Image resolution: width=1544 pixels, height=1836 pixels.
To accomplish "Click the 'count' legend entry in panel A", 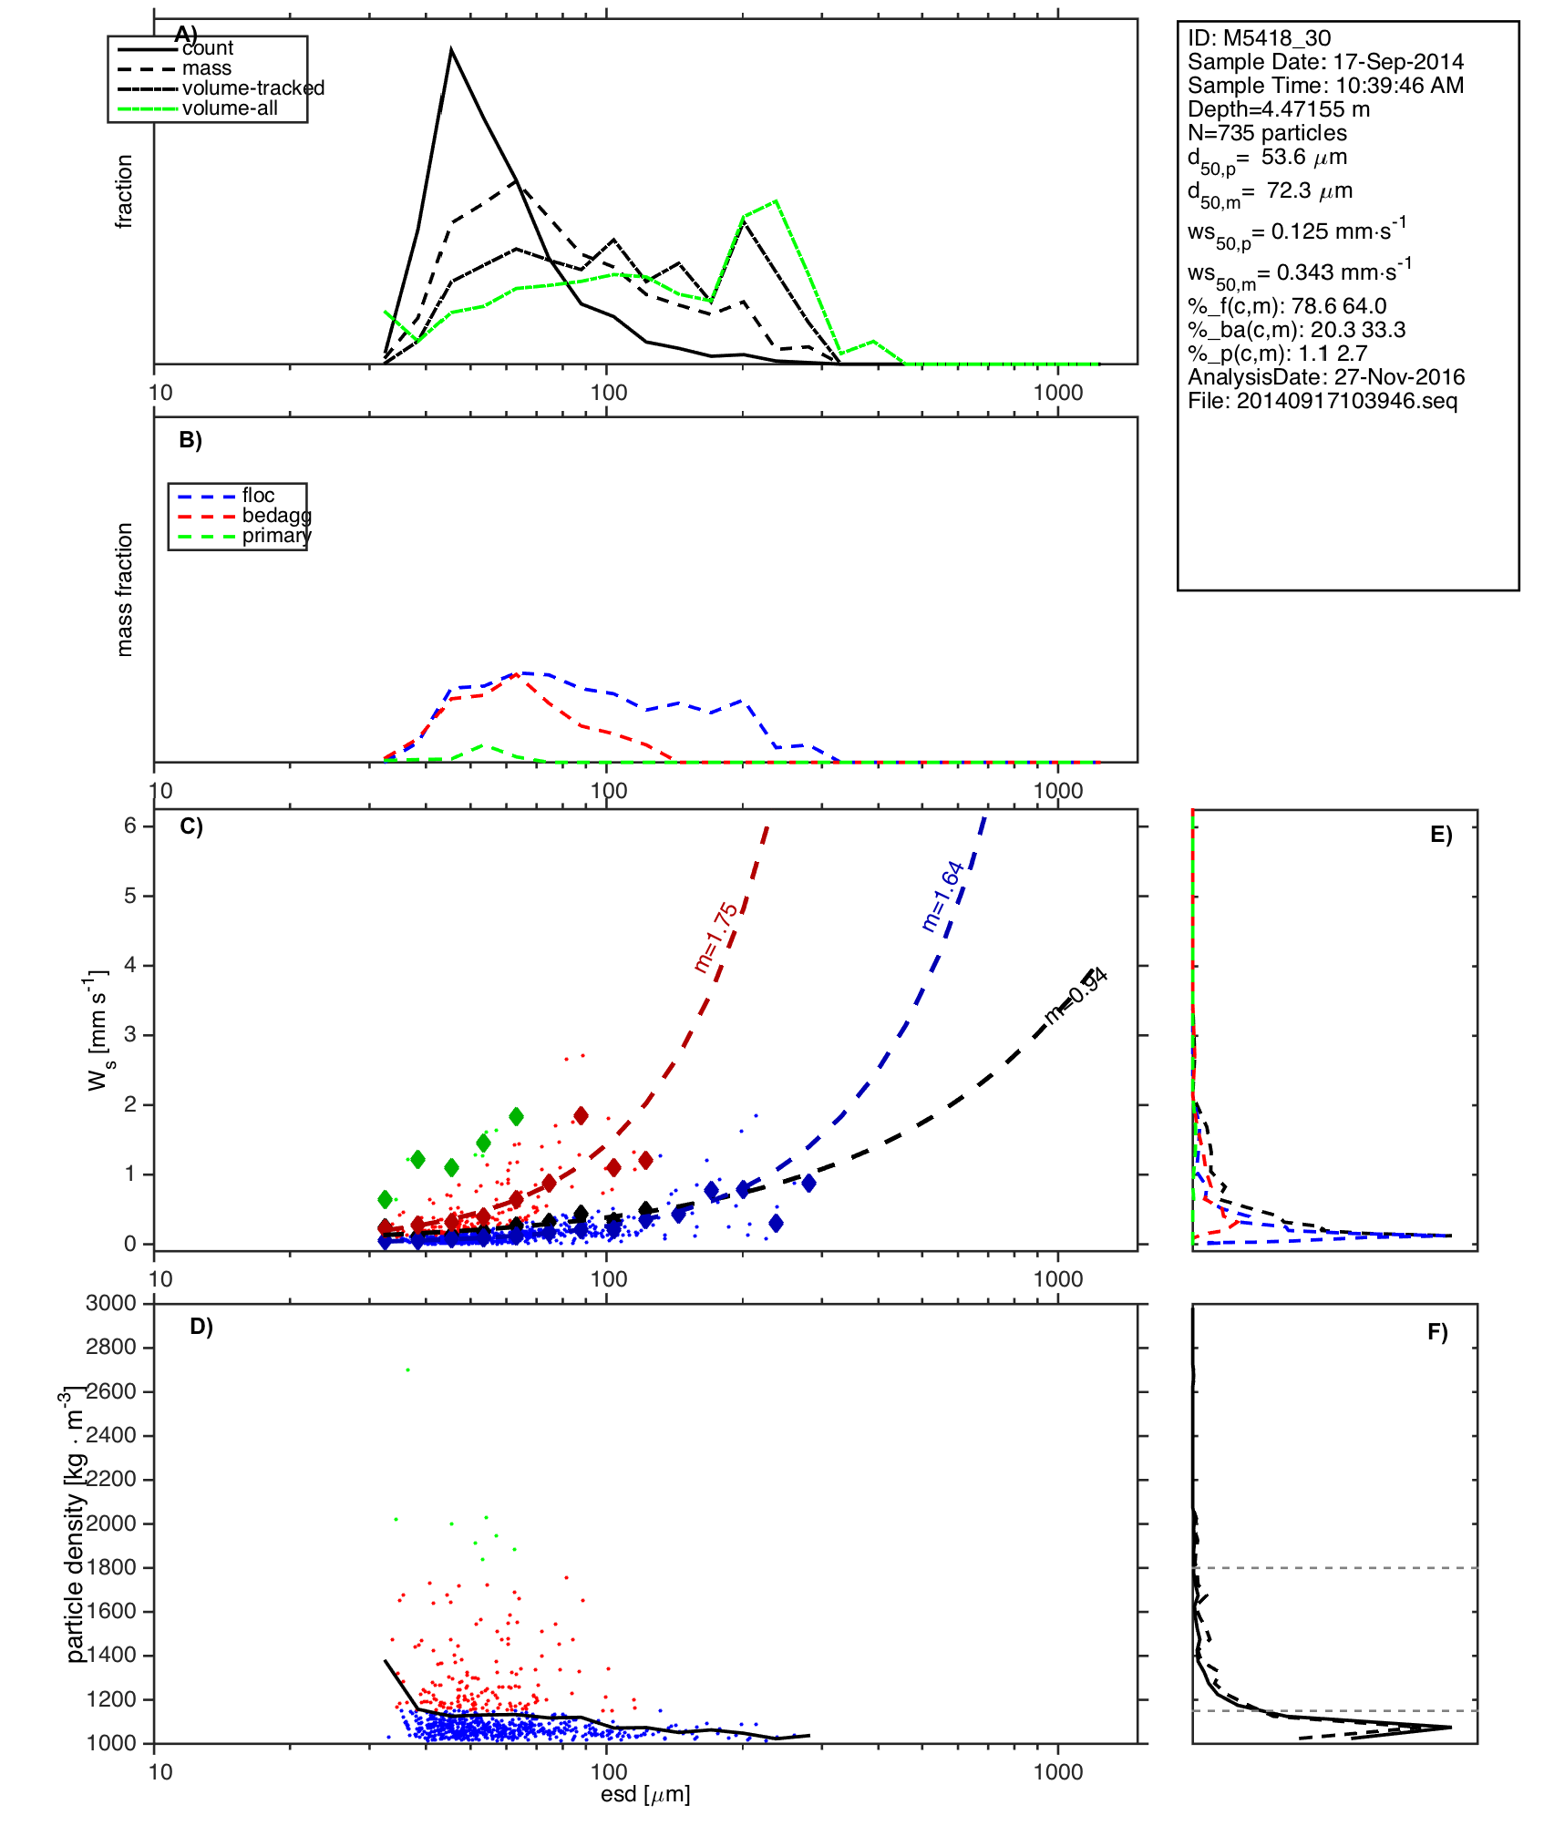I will pyautogui.click(x=207, y=48).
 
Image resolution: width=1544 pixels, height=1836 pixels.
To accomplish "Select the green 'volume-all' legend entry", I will pyautogui.click(x=230, y=108).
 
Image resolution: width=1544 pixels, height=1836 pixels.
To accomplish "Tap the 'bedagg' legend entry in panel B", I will pyautogui.click(x=276, y=516).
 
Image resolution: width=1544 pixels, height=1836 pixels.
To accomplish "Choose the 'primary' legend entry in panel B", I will pyautogui.click(x=276, y=536).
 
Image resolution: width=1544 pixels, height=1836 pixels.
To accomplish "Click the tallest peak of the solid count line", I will pyautogui.click(x=451, y=50).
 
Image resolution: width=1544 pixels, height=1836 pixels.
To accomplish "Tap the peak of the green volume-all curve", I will pyautogui.click(x=775, y=201).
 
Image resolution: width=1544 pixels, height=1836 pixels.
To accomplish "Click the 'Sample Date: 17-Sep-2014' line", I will pyautogui.click(x=1325, y=62).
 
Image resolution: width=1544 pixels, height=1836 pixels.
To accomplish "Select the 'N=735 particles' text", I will pyautogui.click(x=1267, y=133).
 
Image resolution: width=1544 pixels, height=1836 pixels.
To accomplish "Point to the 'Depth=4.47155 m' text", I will pyautogui.click(x=1279, y=109).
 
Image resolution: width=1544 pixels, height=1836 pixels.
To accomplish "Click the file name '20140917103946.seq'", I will pyautogui.click(x=1347, y=401).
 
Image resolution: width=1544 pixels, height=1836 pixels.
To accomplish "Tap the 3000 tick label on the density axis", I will pyautogui.click(x=111, y=1303).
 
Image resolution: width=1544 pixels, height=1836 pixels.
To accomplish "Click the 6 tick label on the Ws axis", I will pyautogui.click(x=130, y=826).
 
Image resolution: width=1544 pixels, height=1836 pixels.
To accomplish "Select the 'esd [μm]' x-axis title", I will pyautogui.click(x=645, y=1794).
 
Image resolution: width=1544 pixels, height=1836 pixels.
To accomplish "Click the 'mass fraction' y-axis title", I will pyautogui.click(x=125, y=590).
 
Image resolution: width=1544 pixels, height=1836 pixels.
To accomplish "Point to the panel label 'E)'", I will pyautogui.click(x=1441, y=835).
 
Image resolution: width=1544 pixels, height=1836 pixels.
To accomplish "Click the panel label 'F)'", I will pyautogui.click(x=1437, y=1332).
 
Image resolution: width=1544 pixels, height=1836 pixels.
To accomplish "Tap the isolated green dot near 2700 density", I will pyautogui.click(x=407, y=1369).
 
